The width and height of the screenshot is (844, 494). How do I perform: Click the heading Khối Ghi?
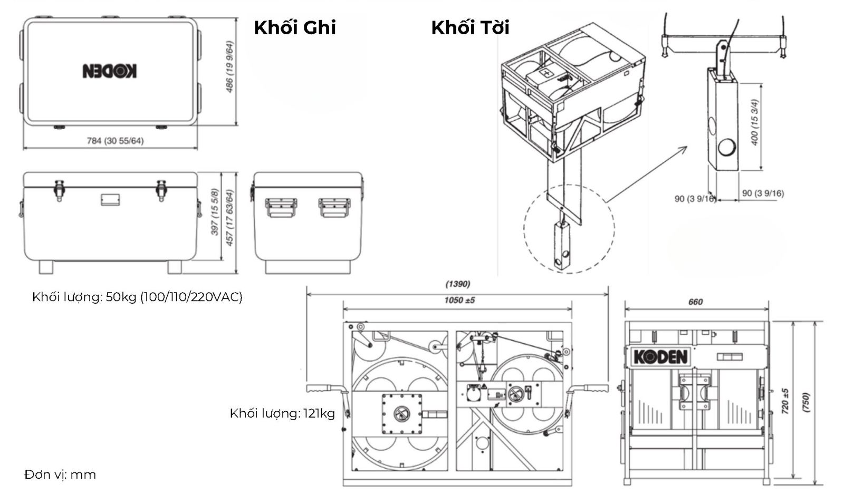point(294,27)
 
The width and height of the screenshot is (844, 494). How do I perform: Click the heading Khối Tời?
point(470,27)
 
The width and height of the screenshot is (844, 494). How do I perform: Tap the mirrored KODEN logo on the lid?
point(110,71)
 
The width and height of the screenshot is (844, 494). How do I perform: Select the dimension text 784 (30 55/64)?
point(115,141)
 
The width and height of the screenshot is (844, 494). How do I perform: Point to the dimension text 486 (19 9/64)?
point(230,66)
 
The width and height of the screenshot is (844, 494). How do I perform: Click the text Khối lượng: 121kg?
point(282,413)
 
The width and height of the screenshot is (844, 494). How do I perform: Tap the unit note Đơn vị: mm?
point(60,474)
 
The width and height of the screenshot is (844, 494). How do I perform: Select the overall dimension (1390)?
point(457,284)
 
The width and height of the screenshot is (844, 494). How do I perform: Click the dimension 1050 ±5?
point(457,300)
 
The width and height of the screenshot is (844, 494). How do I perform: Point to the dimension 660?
point(695,302)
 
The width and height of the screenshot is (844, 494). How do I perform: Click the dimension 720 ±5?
point(785,401)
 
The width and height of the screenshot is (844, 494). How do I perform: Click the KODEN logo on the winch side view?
point(660,357)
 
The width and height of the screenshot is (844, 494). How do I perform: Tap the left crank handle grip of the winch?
point(320,389)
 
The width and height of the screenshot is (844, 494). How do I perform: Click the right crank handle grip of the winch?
point(594,389)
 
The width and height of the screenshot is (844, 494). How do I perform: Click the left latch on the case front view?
point(59,190)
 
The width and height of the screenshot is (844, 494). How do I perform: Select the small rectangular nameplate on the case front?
point(110,199)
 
